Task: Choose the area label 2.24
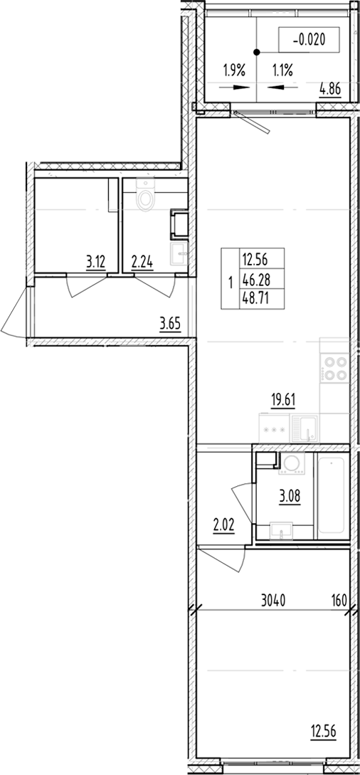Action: (141, 262)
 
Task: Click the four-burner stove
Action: (335, 369)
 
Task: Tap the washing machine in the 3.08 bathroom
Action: (290, 465)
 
